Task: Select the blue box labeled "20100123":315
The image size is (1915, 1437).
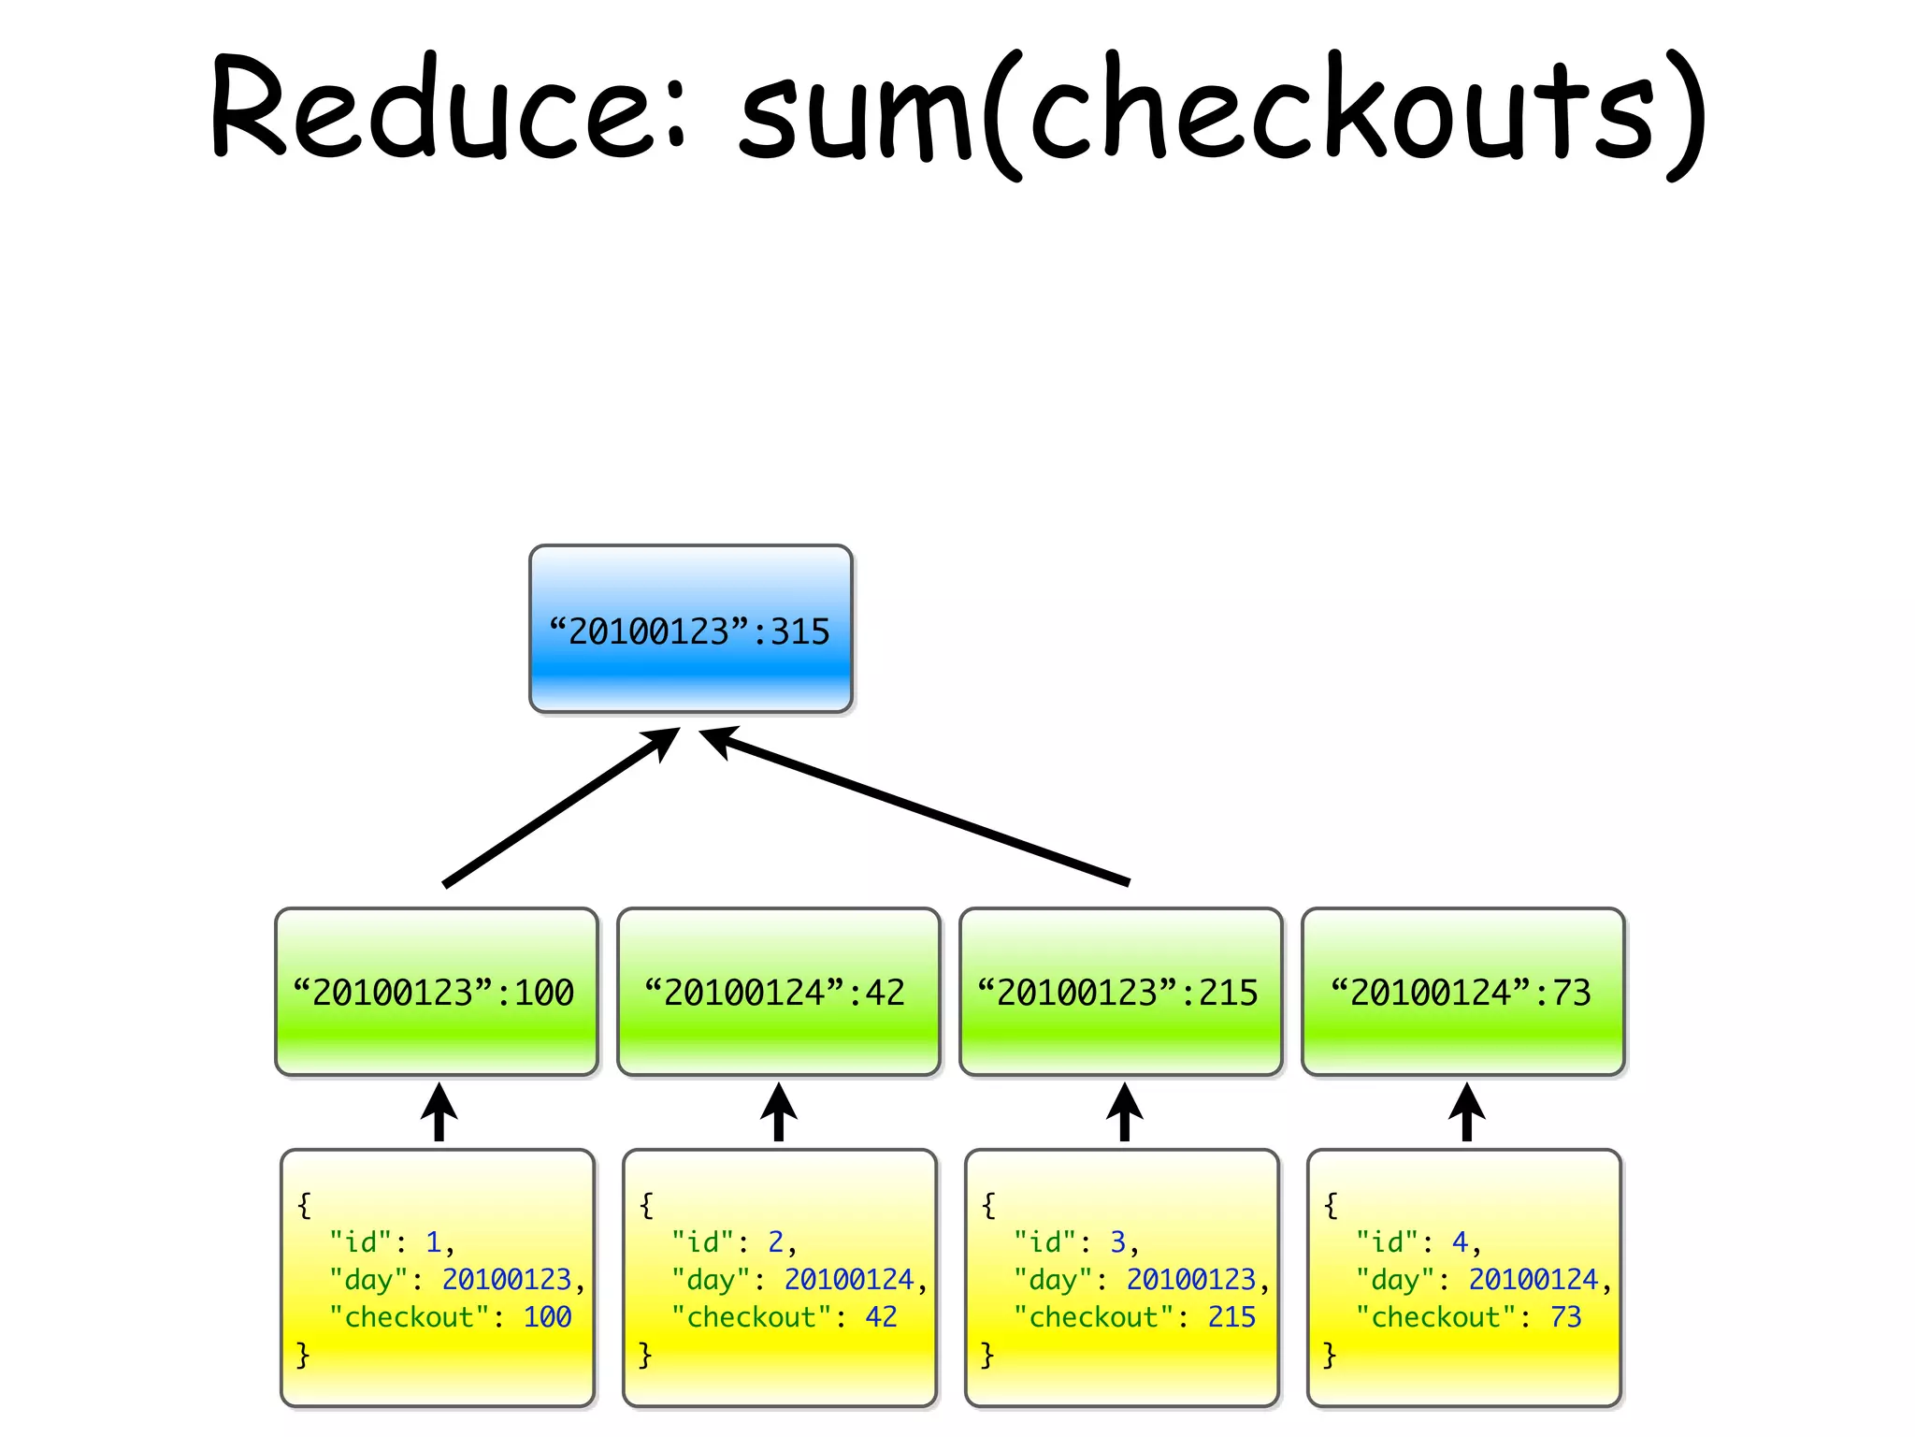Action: [690, 630]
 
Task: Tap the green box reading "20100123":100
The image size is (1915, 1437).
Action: [436, 992]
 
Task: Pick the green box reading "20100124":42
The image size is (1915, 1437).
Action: [778, 992]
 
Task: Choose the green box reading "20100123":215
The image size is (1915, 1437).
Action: [1120, 992]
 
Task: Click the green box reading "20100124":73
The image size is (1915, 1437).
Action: [1462, 992]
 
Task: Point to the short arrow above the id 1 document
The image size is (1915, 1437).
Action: [439, 1112]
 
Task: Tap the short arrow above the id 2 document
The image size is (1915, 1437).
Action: [778, 1112]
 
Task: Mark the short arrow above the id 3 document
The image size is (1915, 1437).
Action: [1125, 1112]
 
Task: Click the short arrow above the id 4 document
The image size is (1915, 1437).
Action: [1466, 1112]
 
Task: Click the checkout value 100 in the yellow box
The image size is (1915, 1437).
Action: [547, 1317]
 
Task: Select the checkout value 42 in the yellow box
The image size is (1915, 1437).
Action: [881, 1317]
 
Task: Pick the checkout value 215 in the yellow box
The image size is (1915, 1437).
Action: [1231, 1317]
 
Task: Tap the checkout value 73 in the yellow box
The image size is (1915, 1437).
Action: [1565, 1317]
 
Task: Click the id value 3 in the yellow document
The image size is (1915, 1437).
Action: [1117, 1242]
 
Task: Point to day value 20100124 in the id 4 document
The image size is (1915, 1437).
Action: [1533, 1279]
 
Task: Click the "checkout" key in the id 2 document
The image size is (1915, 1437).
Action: [752, 1317]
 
